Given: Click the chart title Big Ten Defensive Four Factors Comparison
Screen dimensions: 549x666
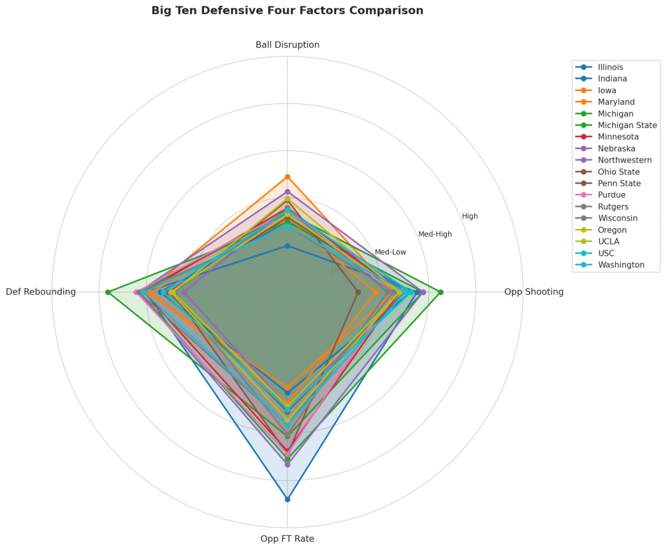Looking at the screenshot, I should tap(287, 10).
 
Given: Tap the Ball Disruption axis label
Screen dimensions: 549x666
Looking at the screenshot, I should tap(287, 45).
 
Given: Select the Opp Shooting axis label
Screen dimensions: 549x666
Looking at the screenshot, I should tap(533, 292).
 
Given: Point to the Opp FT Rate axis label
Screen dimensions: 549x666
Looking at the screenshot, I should tap(287, 539).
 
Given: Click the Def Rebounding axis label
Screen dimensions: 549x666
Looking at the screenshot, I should tap(40, 292).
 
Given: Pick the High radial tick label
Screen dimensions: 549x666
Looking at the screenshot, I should tap(470, 216).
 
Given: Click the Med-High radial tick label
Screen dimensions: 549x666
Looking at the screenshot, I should tap(434, 234).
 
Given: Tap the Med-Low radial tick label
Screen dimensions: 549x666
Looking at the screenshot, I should tap(390, 252).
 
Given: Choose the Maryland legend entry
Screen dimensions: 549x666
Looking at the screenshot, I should tap(612, 102).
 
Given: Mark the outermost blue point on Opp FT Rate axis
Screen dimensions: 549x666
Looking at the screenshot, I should tap(287, 499).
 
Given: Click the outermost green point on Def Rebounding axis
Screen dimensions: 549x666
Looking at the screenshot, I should tap(108, 292).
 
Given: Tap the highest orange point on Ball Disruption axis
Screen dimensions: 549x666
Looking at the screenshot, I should tap(287, 177).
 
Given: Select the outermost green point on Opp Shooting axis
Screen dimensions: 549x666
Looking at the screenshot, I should tap(440, 292).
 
